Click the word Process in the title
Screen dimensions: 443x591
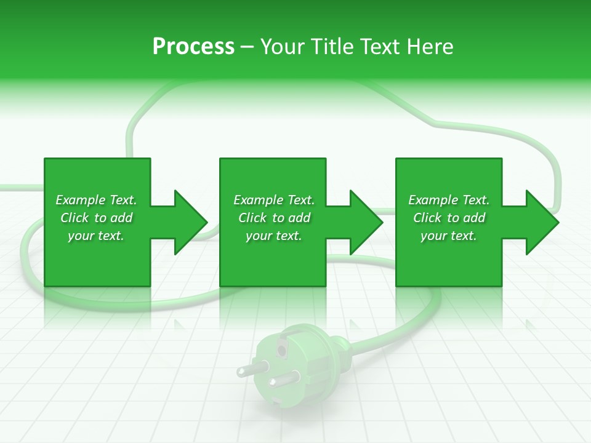193,47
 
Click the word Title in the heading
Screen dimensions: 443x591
332,47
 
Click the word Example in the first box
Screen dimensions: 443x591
81,200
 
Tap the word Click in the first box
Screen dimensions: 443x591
74,218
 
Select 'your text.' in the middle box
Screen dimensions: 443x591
274,236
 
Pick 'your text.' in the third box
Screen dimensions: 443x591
449,236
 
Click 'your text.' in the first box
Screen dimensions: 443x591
96,236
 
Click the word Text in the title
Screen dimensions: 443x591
377,47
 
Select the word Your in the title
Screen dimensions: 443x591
282,47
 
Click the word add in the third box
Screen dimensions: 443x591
474,218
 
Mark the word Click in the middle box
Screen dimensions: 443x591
252,218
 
